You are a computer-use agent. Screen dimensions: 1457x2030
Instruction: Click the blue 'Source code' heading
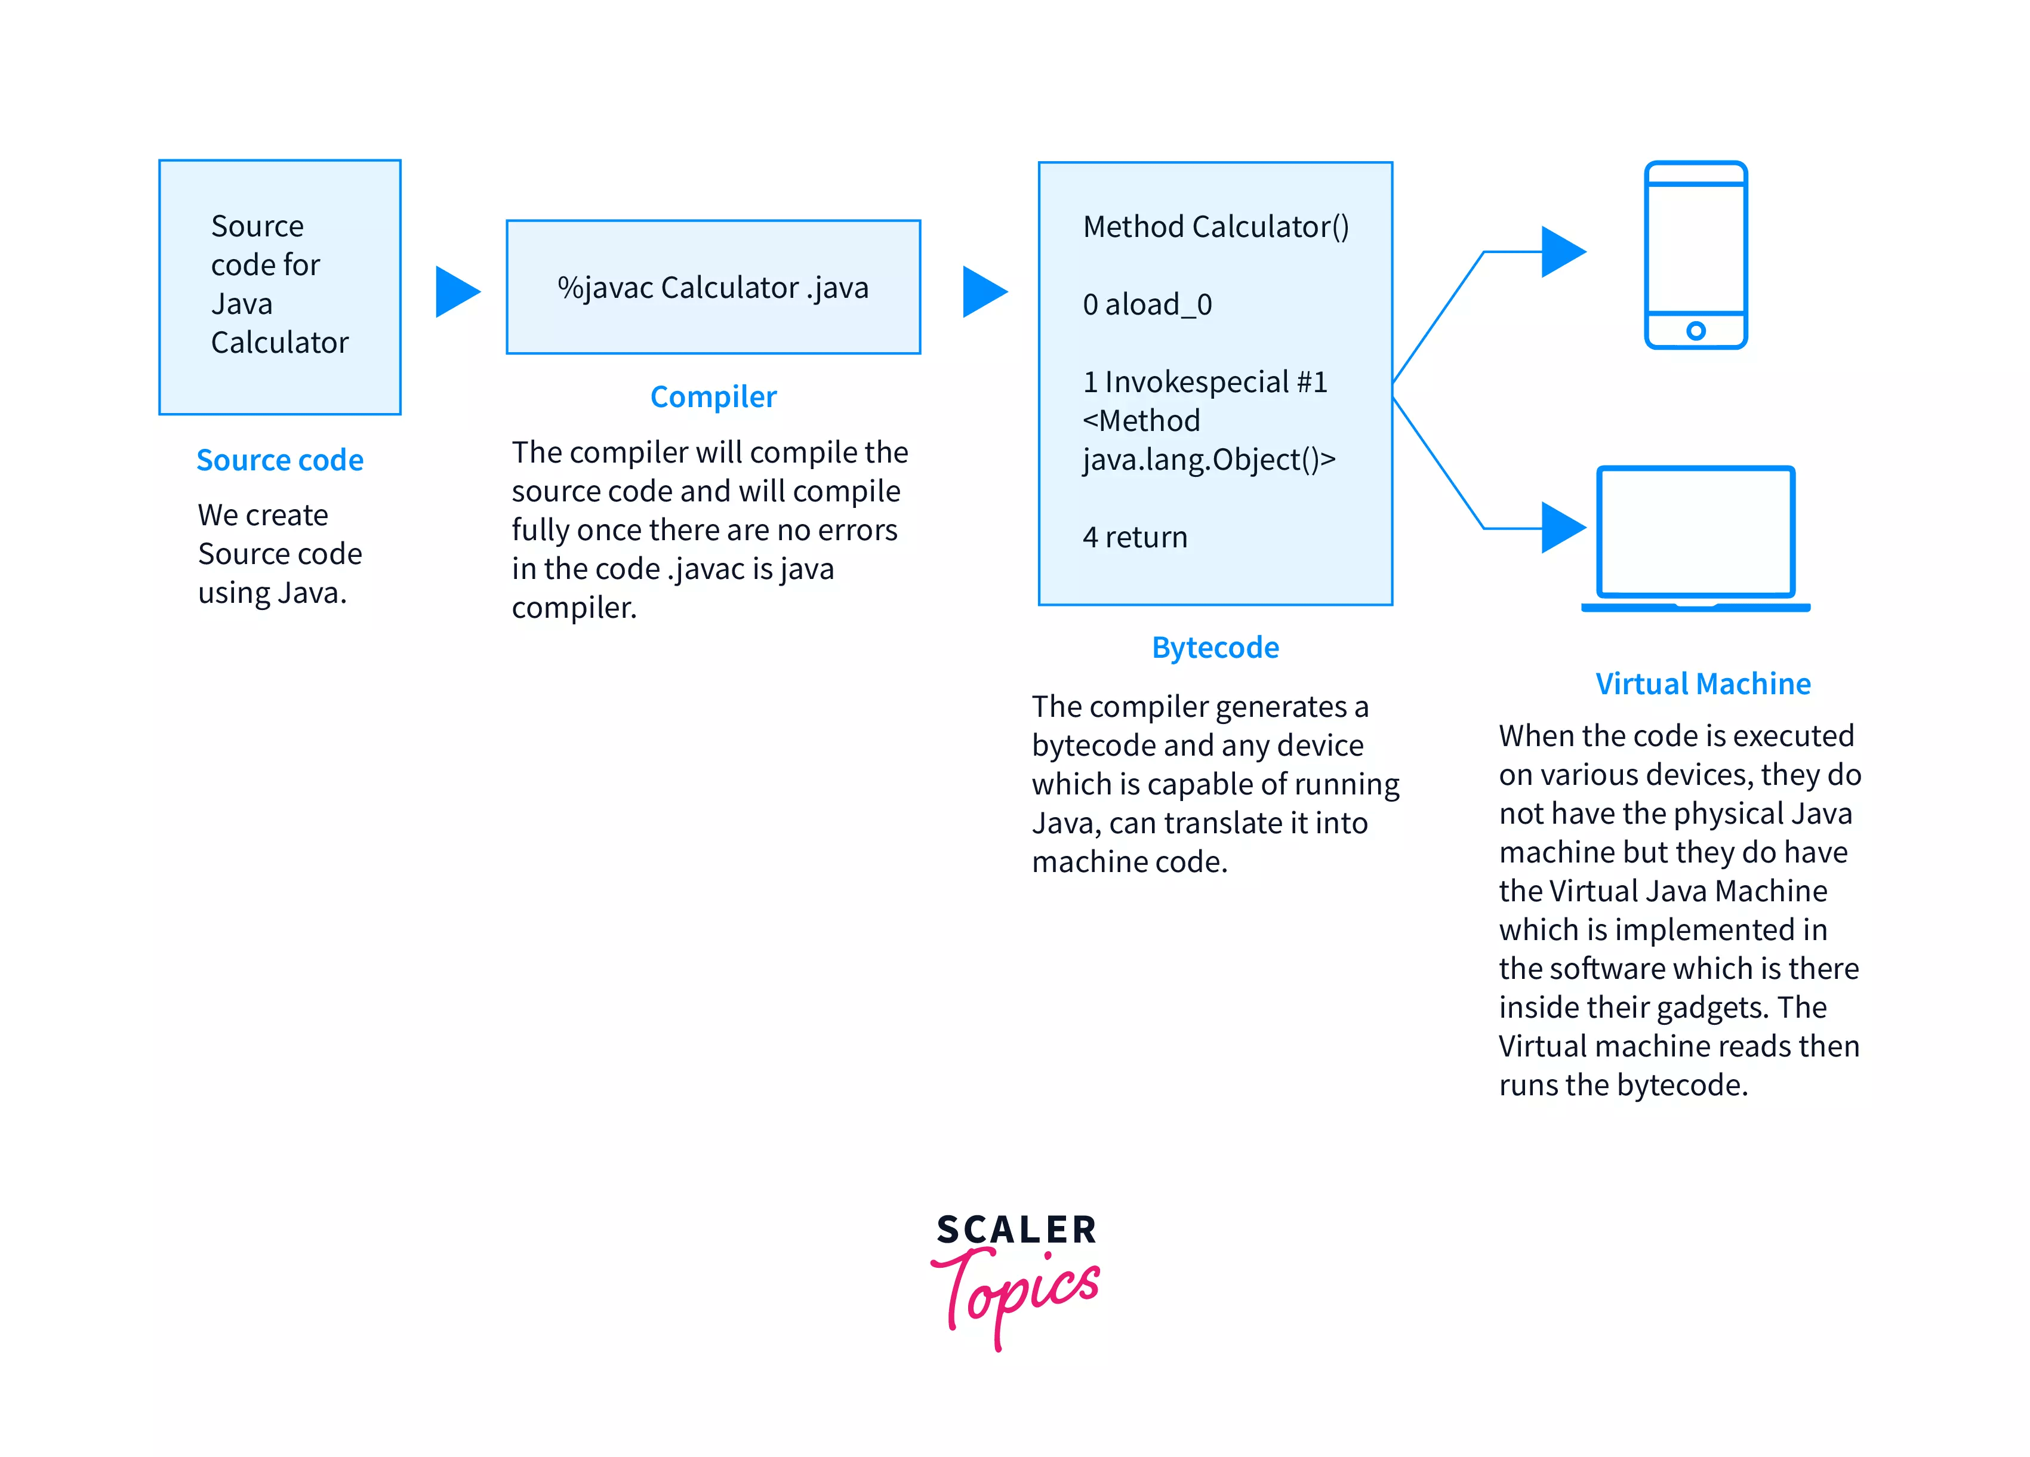[279, 460]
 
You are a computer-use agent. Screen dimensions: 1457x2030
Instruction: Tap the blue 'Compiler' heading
[713, 396]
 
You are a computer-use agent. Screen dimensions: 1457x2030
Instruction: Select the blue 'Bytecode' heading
[1215, 647]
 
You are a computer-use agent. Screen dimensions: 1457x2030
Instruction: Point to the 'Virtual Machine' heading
[1702, 684]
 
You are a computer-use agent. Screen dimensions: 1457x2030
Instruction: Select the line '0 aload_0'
[1147, 305]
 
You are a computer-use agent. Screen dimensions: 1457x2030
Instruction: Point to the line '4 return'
[1135, 537]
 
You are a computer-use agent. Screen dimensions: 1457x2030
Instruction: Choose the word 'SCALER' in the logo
[1016, 1230]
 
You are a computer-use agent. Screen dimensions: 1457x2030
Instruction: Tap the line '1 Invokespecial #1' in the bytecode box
[1205, 382]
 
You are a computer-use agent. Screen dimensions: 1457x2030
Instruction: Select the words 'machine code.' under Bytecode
[1129, 862]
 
